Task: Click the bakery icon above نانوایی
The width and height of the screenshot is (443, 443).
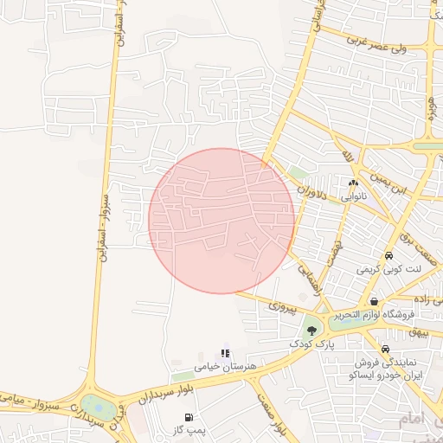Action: [x=352, y=183]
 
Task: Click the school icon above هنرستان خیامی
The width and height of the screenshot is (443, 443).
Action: [x=226, y=353]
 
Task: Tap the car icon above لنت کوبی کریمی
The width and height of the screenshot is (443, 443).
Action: [x=389, y=256]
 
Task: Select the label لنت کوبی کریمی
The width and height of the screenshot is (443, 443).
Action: [x=389, y=269]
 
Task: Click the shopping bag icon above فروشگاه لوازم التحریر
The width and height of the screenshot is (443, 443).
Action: [x=374, y=301]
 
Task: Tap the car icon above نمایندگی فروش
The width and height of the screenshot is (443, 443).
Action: [x=385, y=349]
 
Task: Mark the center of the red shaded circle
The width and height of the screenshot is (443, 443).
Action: [x=221, y=221]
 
